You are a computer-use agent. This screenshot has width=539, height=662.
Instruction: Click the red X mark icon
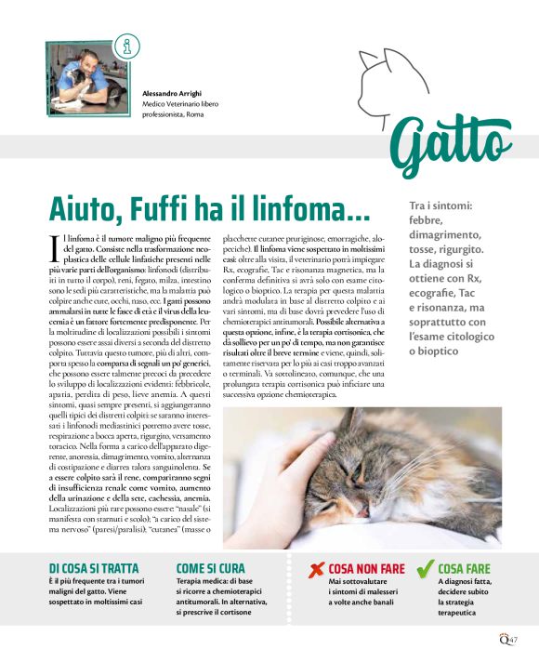(316, 568)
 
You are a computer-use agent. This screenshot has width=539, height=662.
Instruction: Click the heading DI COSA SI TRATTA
(93, 567)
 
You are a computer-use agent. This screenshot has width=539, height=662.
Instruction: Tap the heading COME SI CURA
(211, 567)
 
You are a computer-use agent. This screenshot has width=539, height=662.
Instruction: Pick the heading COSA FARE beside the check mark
(464, 567)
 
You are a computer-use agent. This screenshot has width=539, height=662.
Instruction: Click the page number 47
(512, 639)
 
